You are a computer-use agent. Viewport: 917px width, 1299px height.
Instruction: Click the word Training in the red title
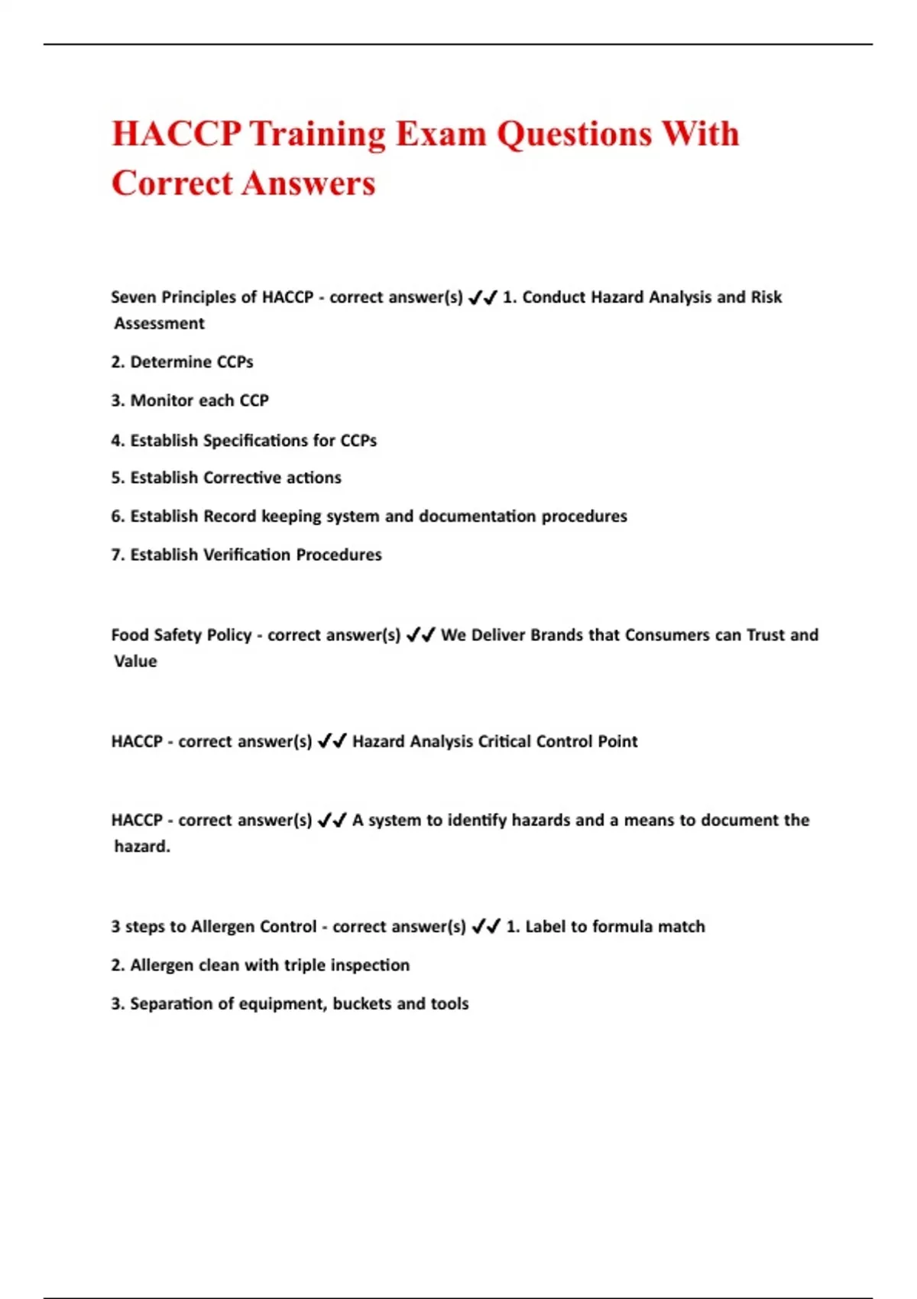pyautogui.click(x=318, y=134)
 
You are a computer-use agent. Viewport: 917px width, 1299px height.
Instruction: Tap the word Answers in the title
pyautogui.click(x=309, y=183)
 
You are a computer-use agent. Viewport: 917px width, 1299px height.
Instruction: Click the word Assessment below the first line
pyautogui.click(x=159, y=323)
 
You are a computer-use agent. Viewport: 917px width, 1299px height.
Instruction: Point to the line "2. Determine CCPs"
pyautogui.click(x=182, y=362)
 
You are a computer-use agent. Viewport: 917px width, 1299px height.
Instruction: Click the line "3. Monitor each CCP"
pyautogui.click(x=190, y=400)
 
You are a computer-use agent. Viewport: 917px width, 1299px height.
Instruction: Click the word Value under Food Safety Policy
pyautogui.click(x=135, y=661)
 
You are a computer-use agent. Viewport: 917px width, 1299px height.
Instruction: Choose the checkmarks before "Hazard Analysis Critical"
pyautogui.click(x=332, y=741)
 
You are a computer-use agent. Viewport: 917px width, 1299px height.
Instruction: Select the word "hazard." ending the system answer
pyautogui.click(x=142, y=847)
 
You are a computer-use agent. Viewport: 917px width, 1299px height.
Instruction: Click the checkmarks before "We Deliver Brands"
pyautogui.click(x=421, y=635)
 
